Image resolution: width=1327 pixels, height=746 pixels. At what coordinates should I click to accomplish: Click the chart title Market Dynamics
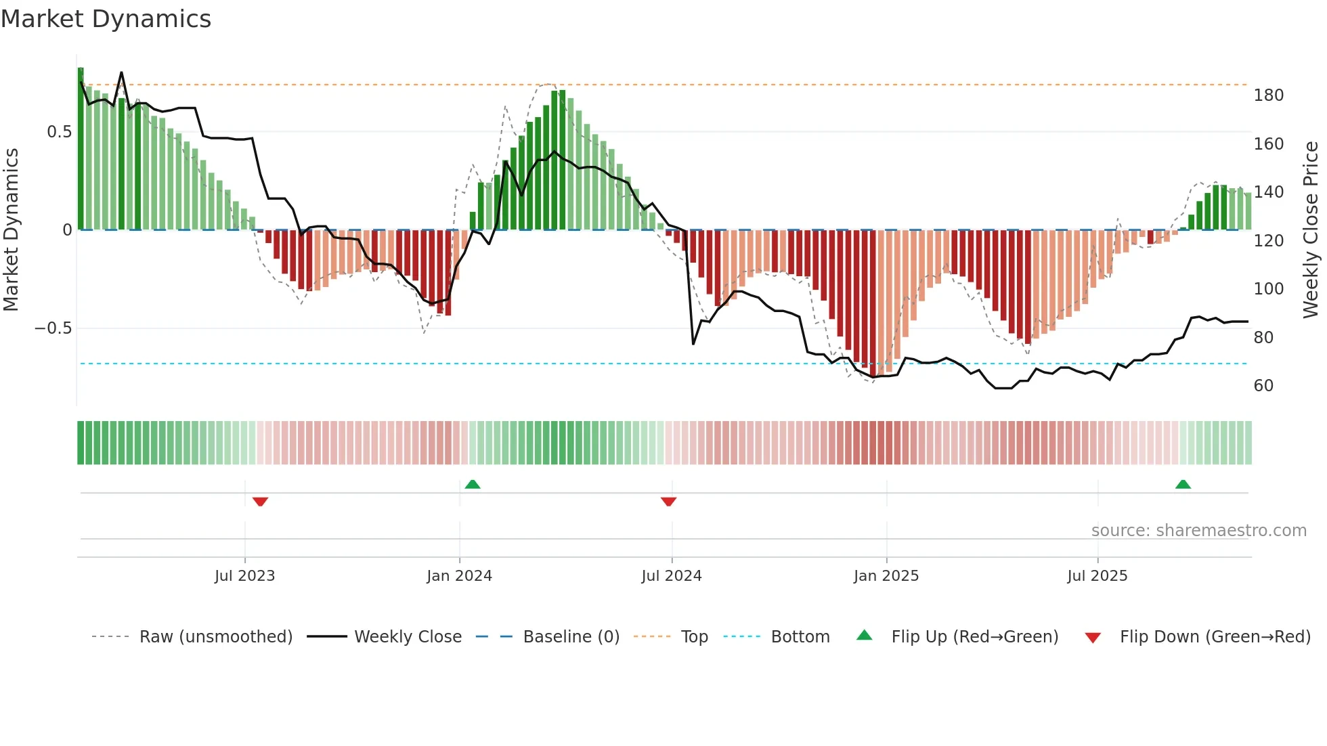click(106, 19)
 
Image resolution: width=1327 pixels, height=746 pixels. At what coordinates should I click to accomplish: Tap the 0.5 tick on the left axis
click(59, 132)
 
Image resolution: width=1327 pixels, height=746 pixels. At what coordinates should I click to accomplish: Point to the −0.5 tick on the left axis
click(53, 328)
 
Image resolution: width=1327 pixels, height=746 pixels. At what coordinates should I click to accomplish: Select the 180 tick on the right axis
click(1268, 95)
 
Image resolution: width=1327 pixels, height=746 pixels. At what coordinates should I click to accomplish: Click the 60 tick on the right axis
click(1263, 386)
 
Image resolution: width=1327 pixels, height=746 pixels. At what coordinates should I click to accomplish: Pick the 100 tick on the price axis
click(1268, 289)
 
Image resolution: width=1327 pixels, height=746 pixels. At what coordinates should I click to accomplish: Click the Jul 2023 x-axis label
click(244, 576)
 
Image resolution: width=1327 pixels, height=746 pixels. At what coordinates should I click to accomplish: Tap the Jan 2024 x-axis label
click(459, 576)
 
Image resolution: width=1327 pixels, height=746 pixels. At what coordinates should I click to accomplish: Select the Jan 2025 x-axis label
click(886, 576)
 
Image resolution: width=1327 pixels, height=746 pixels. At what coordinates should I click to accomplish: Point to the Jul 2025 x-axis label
click(1097, 576)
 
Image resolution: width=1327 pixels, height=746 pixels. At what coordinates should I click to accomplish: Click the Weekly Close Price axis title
click(1311, 230)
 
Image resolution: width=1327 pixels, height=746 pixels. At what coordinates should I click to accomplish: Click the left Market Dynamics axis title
click(11, 230)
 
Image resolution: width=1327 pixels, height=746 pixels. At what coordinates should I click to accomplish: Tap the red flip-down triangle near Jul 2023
click(260, 502)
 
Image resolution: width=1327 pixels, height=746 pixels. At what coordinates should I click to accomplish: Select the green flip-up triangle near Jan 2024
click(473, 484)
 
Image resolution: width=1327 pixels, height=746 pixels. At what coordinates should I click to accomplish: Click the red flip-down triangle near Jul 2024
click(668, 502)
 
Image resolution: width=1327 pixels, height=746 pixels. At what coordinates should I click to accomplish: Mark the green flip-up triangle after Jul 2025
click(1183, 484)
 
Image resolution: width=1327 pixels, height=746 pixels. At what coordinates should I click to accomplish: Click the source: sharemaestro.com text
click(1198, 531)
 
